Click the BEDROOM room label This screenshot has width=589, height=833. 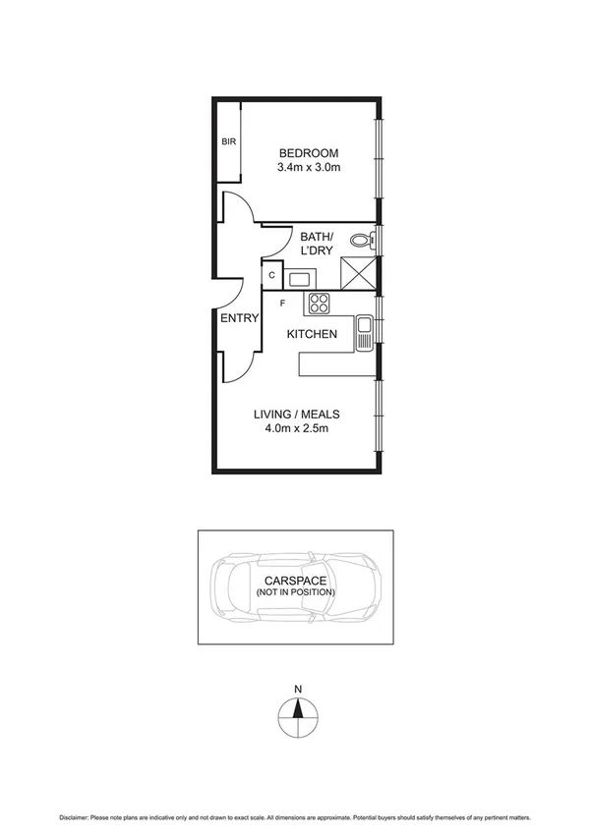pos(309,153)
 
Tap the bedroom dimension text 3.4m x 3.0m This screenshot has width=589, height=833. pos(309,168)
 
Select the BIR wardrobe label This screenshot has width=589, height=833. pos(228,141)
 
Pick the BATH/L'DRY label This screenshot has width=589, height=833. pos(317,244)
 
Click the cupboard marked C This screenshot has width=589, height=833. pos(271,276)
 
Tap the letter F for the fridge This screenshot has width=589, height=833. pos(282,304)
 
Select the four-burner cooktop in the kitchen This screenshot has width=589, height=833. pos(320,304)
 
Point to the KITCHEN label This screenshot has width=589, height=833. pos(312,335)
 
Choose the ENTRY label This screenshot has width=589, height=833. pos(239,318)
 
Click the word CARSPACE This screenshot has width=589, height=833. pos(295,582)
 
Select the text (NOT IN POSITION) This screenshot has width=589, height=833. pos(295,593)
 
